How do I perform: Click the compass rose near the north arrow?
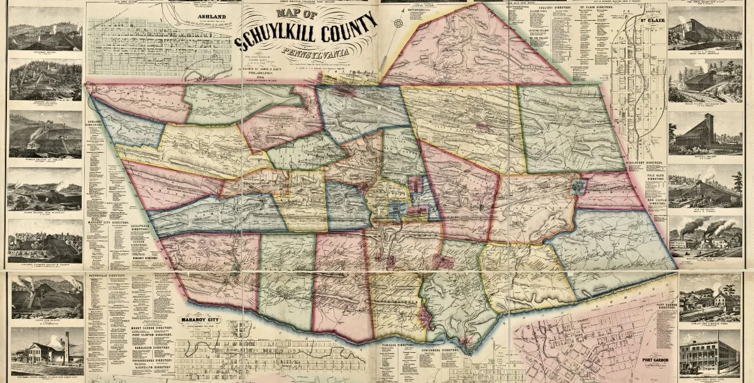click(398, 23)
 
